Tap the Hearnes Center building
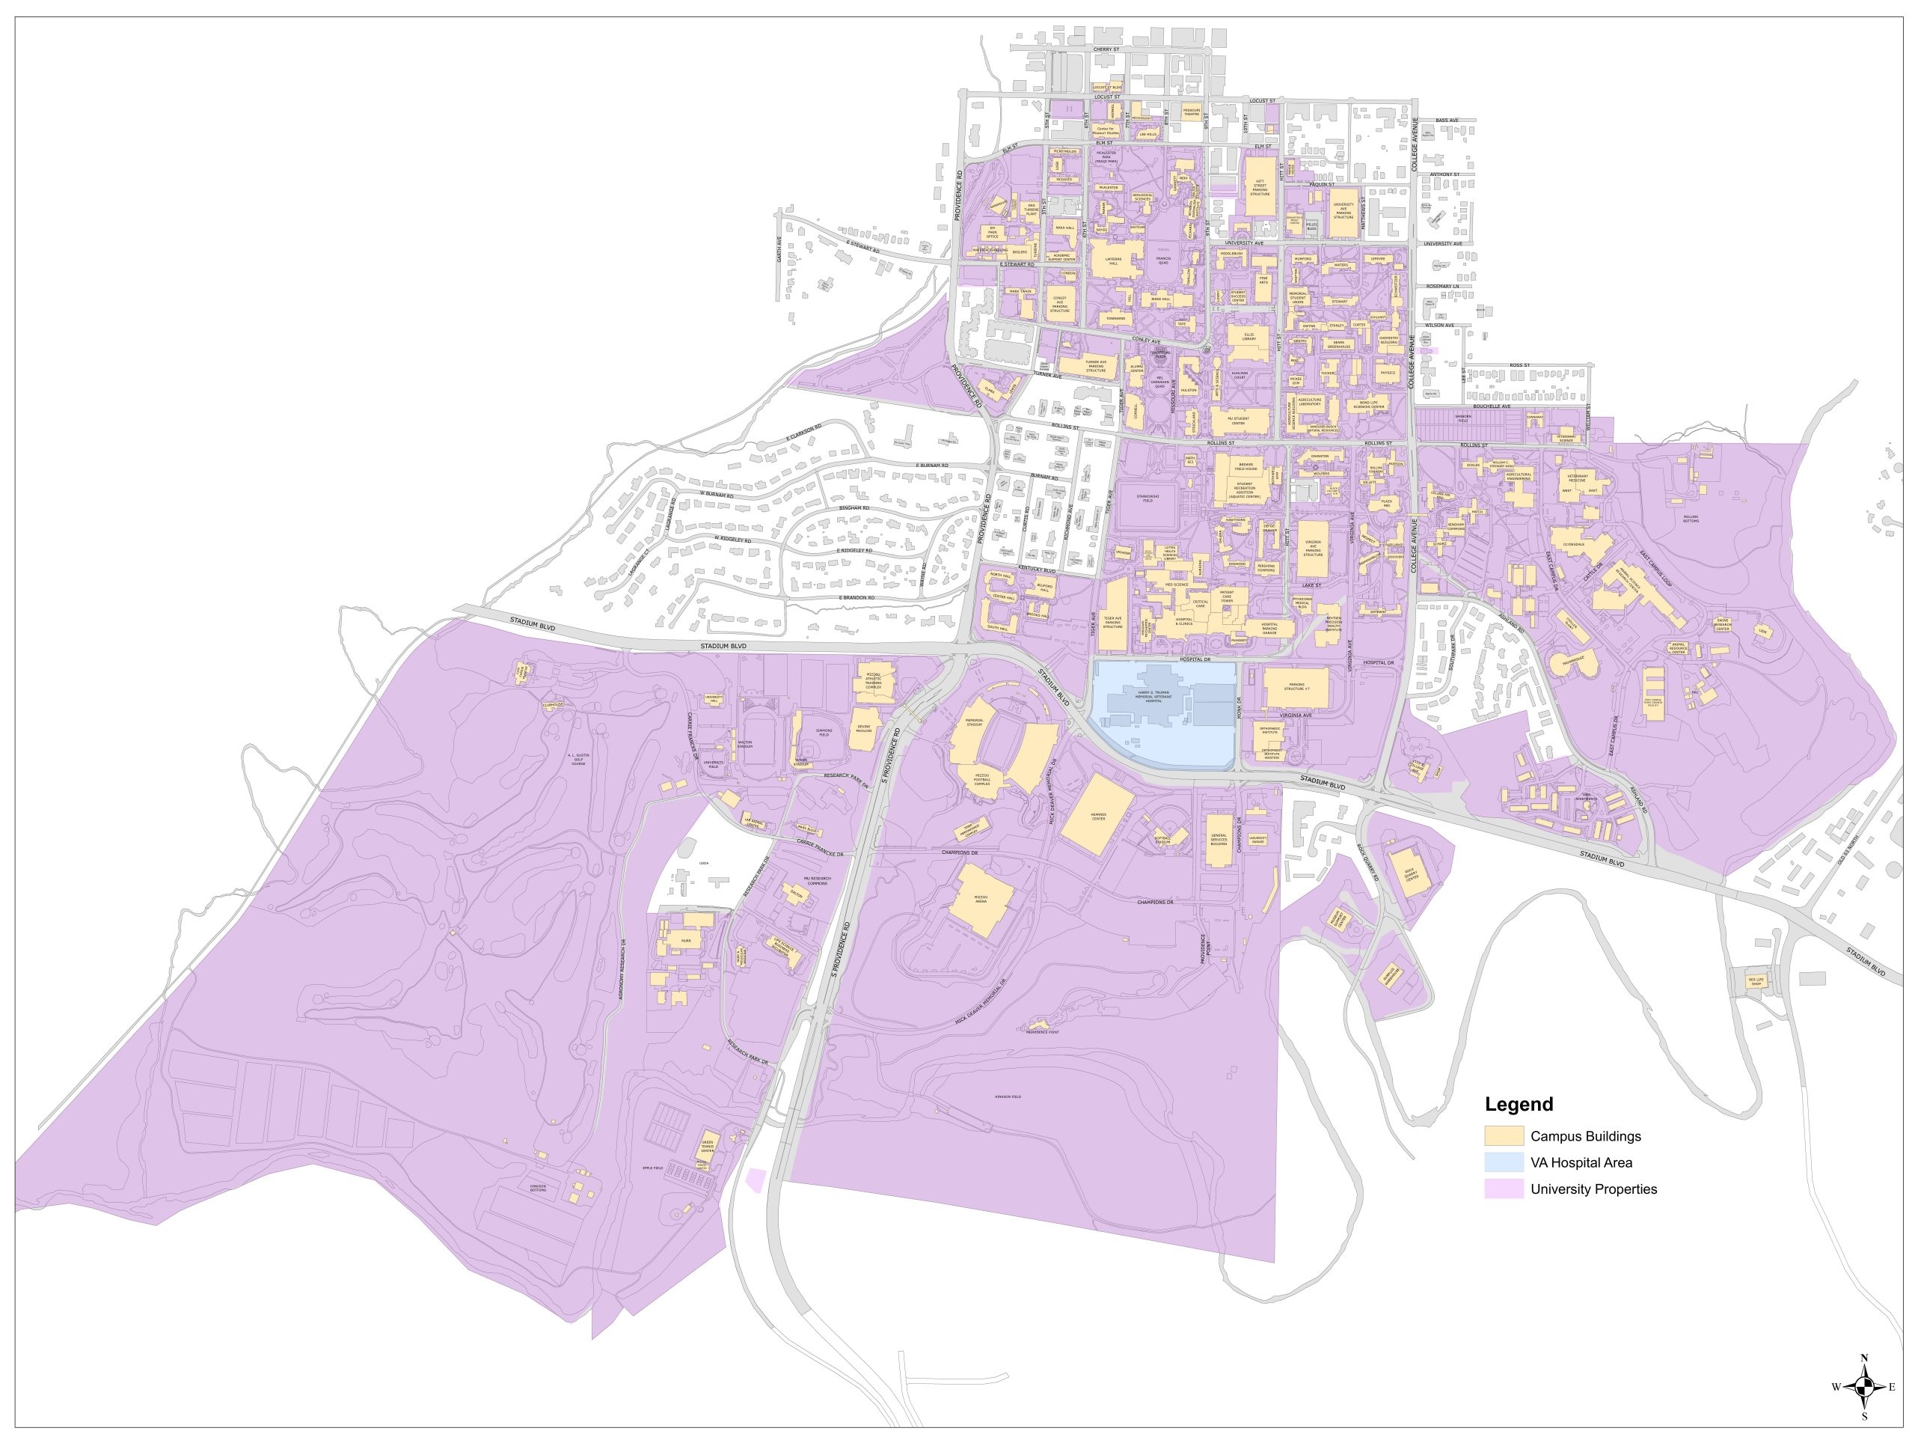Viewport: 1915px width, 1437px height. point(1097,815)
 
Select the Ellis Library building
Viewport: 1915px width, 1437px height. point(1248,342)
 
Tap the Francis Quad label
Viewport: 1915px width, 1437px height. point(1162,260)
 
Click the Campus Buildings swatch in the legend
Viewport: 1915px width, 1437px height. point(1504,1136)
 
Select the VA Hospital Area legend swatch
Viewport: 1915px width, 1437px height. point(1504,1162)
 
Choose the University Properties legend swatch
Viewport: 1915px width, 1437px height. point(1504,1189)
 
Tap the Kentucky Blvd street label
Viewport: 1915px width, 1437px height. point(1037,570)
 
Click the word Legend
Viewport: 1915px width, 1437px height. point(1519,1105)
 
